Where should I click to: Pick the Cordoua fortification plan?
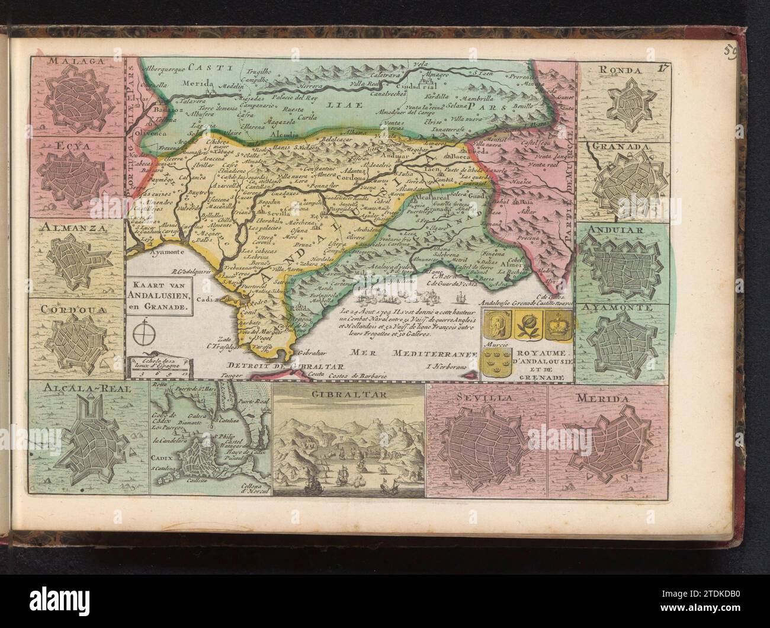[x=76, y=344]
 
